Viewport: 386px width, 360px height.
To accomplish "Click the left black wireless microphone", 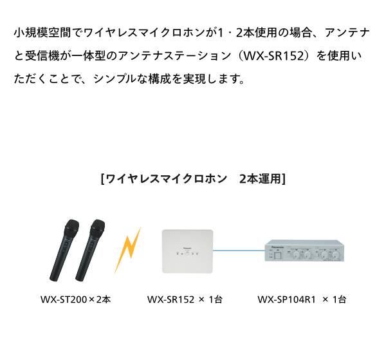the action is click(x=64, y=250).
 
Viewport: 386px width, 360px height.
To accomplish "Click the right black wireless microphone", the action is click(x=90, y=250).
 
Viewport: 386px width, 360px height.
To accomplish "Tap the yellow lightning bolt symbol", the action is click(x=128, y=250).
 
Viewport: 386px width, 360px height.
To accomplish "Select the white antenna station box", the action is click(x=187, y=251).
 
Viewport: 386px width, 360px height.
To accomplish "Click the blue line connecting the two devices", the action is click(x=239, y=251).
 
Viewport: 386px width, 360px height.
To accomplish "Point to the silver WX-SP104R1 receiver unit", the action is click(x=304, y=251).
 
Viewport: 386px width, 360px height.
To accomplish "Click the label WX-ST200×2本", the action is click(x=75, y=299).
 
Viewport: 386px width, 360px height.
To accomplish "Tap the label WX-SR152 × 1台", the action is click(x=185, y=299).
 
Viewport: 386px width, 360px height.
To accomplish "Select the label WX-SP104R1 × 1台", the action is click(x=302, y=299).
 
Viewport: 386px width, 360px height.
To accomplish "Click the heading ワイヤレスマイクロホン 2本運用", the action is click(x=193, y=178).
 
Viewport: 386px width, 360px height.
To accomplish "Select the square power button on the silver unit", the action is click(x=278, y=255).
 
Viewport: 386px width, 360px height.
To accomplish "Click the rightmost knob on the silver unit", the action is click(x=335, y=255).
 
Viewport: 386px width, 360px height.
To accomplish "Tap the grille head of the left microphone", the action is click(x=71, y=226).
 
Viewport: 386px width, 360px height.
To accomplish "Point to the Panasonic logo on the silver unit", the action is click(x=277, y=247).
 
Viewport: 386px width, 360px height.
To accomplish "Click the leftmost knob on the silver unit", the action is click(x=296, y=255).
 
